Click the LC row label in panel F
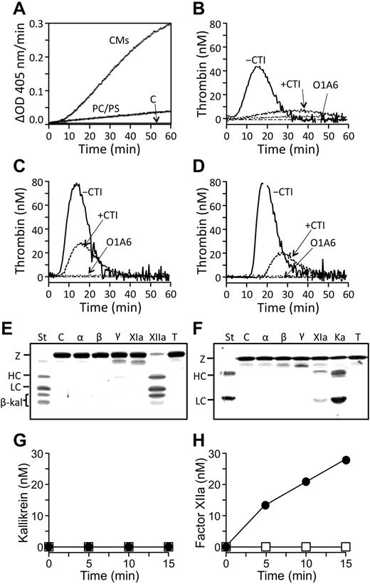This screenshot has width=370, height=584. (202, 398)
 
